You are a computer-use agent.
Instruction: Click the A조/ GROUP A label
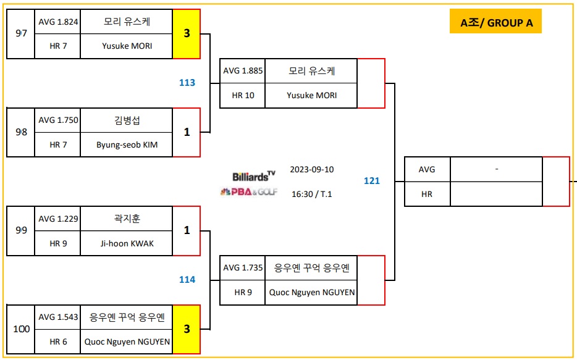(495, 23)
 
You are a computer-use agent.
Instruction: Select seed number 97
(21, 33)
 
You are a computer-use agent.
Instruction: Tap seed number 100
(21, 329)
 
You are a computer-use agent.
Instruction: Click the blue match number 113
(187, 83)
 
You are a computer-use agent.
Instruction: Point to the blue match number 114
(187, 280)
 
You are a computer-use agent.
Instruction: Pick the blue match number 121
(371, 181)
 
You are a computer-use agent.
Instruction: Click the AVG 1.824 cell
(58, 22)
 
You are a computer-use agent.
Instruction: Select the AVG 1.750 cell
(58, 120)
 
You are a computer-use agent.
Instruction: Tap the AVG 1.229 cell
(58, 219)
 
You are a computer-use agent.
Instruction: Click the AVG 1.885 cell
(243, 71)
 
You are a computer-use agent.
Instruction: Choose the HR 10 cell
(243, 96)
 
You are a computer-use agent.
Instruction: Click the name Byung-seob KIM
(127, 144)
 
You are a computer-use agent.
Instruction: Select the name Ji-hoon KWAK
(127, 243)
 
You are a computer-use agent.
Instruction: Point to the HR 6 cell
(58, 341)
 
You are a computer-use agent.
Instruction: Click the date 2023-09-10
(311, 169)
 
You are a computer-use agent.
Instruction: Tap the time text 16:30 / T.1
(311, 194)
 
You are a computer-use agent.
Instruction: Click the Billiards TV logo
(254, 176)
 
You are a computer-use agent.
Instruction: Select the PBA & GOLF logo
(249, 192)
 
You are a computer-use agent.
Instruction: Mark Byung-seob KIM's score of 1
(187, 132)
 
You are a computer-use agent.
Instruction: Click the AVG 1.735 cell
(243, 268)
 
